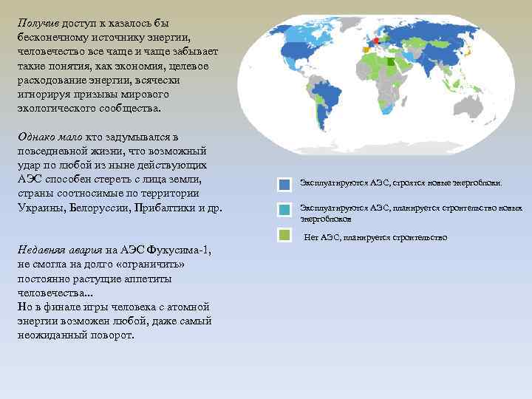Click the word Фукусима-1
point(177,250)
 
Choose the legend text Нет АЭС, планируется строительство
point(376,237)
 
